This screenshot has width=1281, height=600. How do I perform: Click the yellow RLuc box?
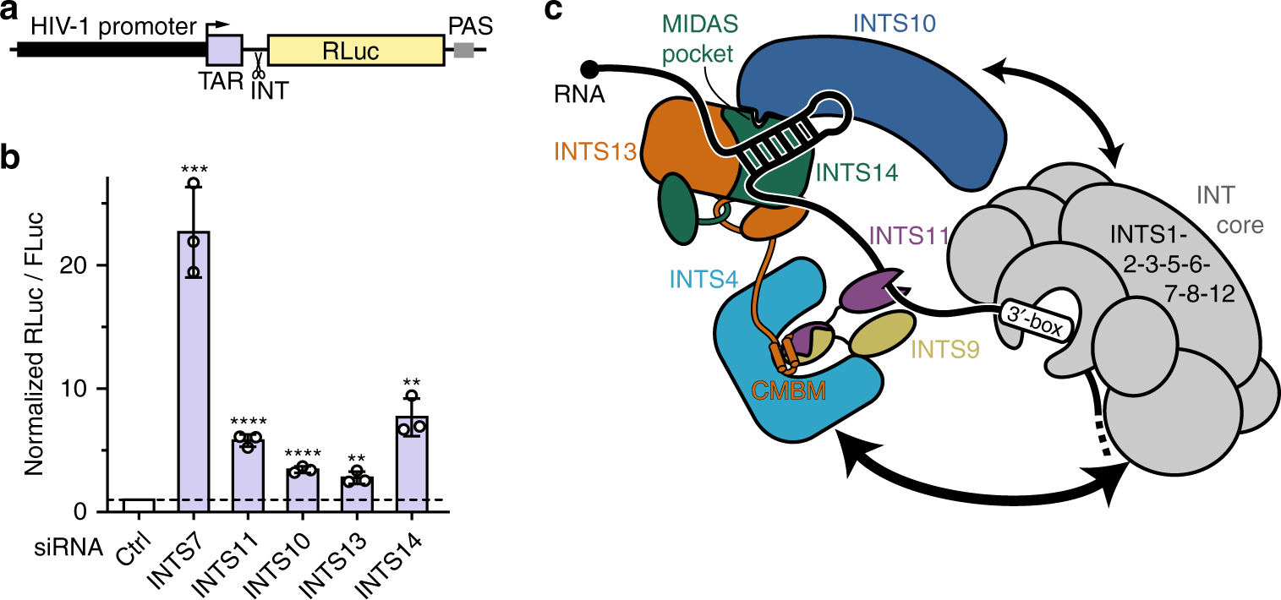pyautogui.click(x=355, y=52)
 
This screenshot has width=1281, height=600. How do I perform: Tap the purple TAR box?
pyautogui.click(x=225, y=51)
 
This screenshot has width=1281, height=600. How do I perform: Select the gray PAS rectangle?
pyautogui.click(x=464, y=51)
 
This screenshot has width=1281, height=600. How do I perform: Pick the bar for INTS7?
pyautogui.click(x=194, y=372)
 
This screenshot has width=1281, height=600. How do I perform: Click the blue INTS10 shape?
pyautogui.click(x=862, y=110)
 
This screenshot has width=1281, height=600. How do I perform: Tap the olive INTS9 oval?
pyautogui.click(x=882, y=334)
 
